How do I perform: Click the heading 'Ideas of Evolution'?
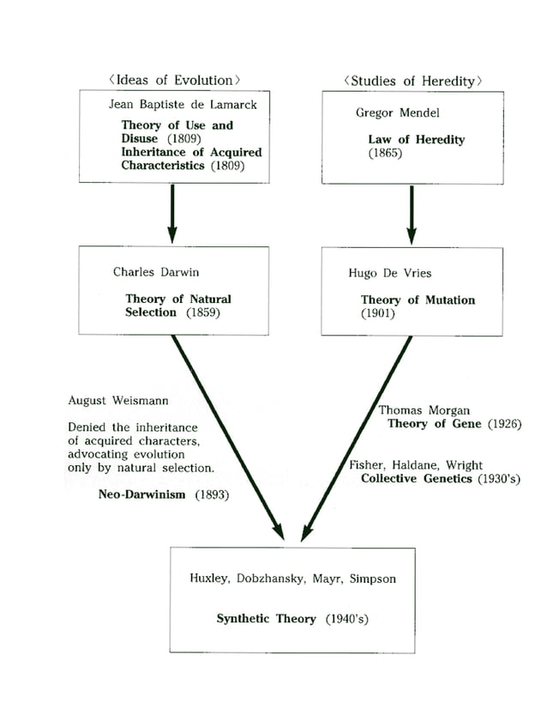coord(174,80)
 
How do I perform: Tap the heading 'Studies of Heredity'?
coord(412,81)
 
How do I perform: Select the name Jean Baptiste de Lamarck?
coord(171,105)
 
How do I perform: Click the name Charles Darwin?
coord(156,272)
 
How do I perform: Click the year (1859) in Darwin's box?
coord(202,312)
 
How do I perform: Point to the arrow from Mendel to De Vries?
coord(412,215)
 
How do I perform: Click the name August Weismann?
coord(118,400)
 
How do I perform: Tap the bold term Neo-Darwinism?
coord(141,496)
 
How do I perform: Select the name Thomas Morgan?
coord(424,410)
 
